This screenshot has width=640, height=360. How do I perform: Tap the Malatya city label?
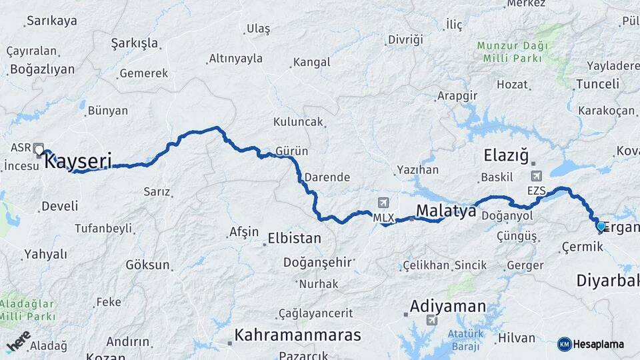tap(446, 211)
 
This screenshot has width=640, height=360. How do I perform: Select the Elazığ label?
tap(505, 157)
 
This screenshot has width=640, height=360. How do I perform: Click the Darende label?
tap(327, 177)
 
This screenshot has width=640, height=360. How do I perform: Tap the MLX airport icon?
tap(383, 203)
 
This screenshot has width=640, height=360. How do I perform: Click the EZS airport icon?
tap(537, 177)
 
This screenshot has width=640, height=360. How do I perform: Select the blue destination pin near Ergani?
tap(601, 227)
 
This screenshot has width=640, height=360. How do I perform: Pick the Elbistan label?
tap(294, 238)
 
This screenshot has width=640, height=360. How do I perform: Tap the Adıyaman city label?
tap(448, 306)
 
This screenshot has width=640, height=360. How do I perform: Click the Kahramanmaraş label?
tap(297, 335)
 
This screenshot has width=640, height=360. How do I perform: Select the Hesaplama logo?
tap(591, 344)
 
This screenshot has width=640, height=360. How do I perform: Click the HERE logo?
tap(18, 341)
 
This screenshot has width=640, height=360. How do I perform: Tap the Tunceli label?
tap(597, 83)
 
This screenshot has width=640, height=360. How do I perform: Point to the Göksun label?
tap(147, 265)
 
